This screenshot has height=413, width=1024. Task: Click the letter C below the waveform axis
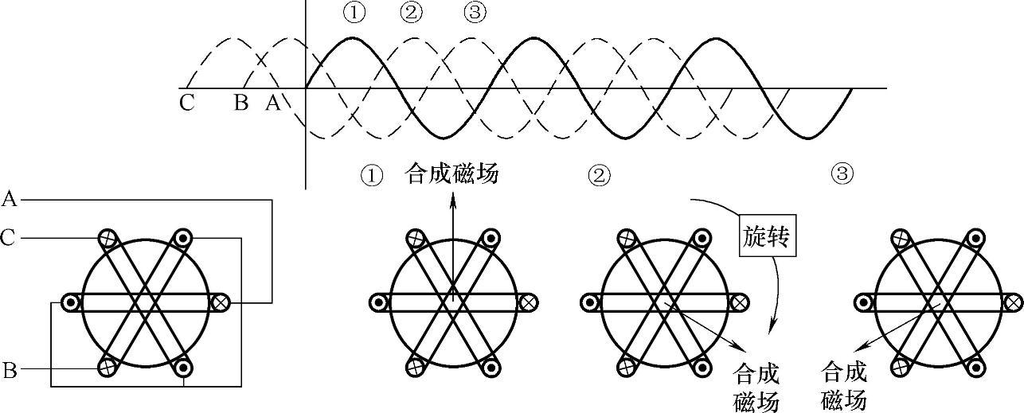(x=186, y=103)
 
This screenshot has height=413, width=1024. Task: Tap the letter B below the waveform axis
(x=240, y=103)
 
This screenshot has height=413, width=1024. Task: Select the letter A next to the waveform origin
(x=272, y=103)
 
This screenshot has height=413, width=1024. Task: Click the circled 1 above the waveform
(x=354, y=14)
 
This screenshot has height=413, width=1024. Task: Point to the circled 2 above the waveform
(x=412, y=14)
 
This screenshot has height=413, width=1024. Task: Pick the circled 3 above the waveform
(x=475, y=14)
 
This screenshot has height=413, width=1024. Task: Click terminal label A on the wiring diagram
(x=10, y=199)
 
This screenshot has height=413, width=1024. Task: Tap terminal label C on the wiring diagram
(x=10, y=237)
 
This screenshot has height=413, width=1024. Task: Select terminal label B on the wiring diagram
(x=10, y=369)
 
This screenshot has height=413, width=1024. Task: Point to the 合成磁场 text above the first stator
(x=452, y=173)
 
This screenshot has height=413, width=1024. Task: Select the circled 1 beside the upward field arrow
(x=371, y=174)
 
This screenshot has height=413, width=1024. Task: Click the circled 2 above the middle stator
(x=598, y=175)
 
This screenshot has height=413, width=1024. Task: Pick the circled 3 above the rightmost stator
(x=842, y=173)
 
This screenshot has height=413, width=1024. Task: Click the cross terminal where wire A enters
(x=221, y=302)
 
